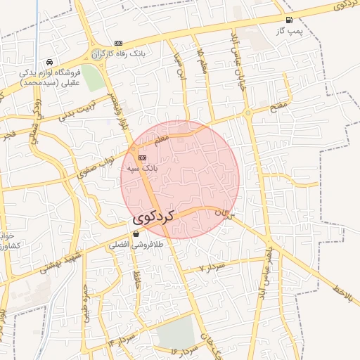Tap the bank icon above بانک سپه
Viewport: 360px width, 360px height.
(x=143, y=157)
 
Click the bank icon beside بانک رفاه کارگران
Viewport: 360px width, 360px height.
(x=118, y=43)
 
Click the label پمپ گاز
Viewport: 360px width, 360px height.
(x=288, y=31)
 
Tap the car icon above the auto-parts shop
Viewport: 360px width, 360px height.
(x=49, y=62)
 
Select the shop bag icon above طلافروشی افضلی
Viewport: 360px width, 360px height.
(x=136, y=234)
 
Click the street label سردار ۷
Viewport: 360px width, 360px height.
(x=211, y=268)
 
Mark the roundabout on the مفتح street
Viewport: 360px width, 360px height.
(x=247, y=112)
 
